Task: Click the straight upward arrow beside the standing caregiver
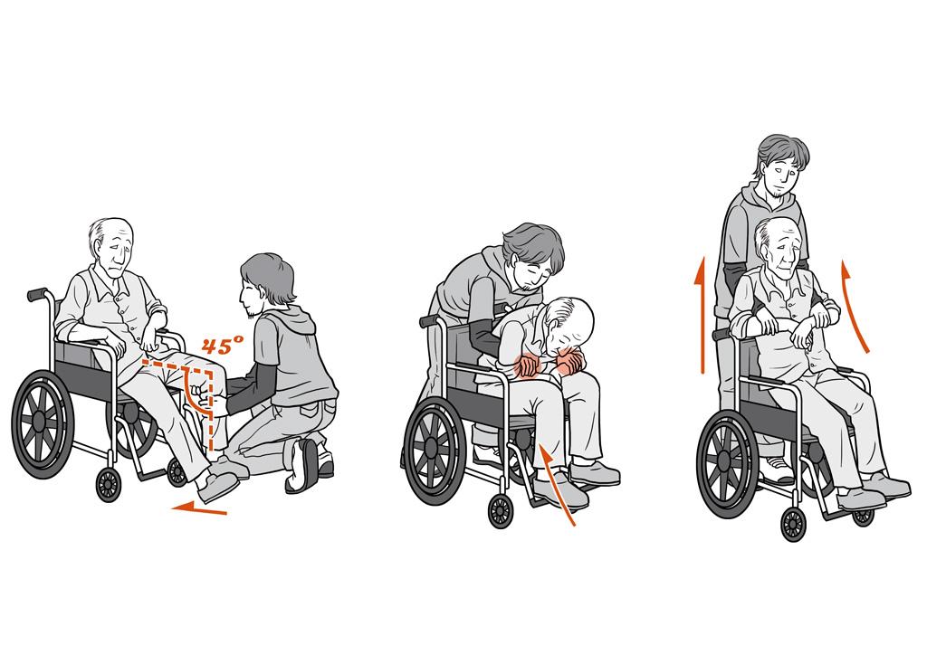(702, 316)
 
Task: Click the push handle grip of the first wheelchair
(36, 293)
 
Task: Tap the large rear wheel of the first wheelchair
(43, 423)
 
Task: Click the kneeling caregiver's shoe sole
(306, 467)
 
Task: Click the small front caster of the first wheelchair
(109, 484)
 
